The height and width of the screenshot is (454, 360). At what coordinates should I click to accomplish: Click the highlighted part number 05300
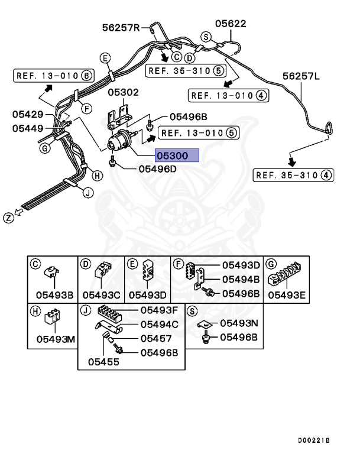click(x=177, y=156)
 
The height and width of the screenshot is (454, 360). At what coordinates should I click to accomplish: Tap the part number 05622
click(x=231, y=24)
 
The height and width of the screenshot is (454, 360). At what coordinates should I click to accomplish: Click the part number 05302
click(x=123, y=92)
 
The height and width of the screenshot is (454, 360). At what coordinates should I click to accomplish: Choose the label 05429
click(x=28, y=114)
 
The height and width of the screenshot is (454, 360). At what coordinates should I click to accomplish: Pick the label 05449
click(x=28, y=128)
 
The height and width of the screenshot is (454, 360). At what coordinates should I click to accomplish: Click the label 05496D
click(x=158, y=168)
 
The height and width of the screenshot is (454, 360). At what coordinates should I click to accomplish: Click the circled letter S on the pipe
click(x=206, y=37)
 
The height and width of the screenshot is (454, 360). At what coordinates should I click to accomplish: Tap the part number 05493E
click(x=286, y=294)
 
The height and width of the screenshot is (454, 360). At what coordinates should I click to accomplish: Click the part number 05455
click(x=104, y=361)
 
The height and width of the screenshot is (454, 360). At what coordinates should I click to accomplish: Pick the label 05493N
click(x=239, y=323)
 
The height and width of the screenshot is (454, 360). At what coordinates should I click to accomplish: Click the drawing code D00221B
click(x=314, y=440)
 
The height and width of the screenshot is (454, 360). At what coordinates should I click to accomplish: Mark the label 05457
click(x=156, y=339)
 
